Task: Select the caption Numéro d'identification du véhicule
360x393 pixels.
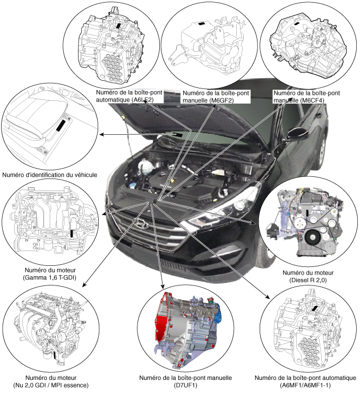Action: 50,175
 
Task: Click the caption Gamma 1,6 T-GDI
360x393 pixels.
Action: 50,277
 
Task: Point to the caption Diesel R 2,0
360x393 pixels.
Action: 308,280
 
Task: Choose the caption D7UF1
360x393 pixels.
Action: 185,385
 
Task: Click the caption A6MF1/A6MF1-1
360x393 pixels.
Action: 305,385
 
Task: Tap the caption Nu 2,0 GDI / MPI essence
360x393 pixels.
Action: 51,385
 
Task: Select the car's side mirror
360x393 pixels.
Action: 298,133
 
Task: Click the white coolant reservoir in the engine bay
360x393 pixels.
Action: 145,166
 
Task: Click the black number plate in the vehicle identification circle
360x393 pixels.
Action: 61,126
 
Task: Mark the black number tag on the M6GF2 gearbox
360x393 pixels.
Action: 201,24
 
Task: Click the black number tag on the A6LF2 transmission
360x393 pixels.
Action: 118,26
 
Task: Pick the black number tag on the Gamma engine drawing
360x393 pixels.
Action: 72,233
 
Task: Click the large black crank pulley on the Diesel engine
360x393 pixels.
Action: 313,237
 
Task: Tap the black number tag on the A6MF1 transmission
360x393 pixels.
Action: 314,308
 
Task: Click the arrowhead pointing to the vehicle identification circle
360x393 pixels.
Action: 101,135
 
